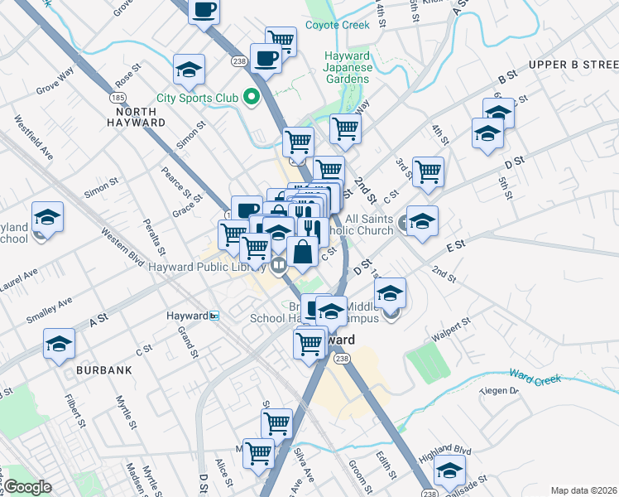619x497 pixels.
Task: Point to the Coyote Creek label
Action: tap(337, 25)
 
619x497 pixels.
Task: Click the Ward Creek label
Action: tap(535, 377)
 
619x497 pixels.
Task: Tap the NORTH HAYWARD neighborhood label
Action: tap(136, 116)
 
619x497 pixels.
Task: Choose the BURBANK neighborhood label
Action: tap(104, 370)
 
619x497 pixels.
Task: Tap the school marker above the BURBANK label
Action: tap(60, 344)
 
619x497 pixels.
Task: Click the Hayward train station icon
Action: tap(214, 316)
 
